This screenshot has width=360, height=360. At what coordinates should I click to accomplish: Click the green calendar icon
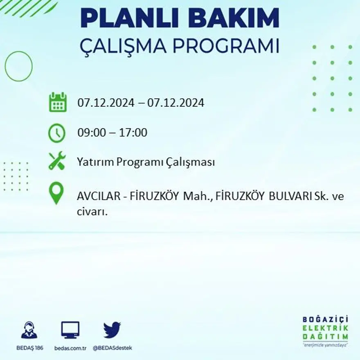58,102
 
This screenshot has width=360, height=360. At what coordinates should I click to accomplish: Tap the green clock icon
56,133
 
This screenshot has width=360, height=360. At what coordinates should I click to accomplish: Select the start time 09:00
90,133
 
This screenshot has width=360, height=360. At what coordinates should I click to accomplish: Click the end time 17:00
134,133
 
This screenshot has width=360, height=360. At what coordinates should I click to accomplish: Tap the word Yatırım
95,162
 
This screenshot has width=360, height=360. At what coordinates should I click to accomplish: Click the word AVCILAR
98,196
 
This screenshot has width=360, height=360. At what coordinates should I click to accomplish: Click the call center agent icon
29,330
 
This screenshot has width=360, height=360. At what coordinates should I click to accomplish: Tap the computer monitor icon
70,330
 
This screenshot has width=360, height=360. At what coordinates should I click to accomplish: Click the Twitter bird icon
112,330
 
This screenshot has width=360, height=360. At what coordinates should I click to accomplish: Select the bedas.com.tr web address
70,348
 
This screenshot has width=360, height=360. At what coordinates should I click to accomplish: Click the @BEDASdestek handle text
112,348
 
